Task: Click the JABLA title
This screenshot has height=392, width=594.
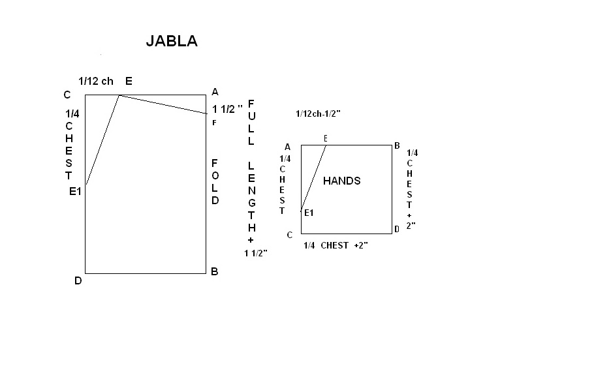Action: pyautogui.click(x=172, y=41)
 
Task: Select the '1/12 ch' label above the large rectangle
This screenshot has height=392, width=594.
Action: pyautogui.click(x=96, y=81)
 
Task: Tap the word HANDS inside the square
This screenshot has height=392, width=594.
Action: pyautogui.click(x=341, y=181)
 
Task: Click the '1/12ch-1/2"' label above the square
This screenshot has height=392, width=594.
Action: pyautogui.click(x=319, y=113)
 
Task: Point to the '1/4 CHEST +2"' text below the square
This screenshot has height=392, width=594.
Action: pyautogui.click(x=336, y=245)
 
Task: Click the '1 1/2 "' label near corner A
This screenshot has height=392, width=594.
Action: pyautogui.click(x=227, y=110)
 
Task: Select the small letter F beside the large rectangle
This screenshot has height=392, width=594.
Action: pyautogui.click(x=214, y=123)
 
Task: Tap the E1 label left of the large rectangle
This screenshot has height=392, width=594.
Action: pyautogui.click(x=75, y=192)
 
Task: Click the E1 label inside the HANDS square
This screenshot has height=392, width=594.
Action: pyautogui.click(x=309, y=213)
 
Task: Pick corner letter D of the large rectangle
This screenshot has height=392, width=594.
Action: pyautogui.click(x=78, y=280)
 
